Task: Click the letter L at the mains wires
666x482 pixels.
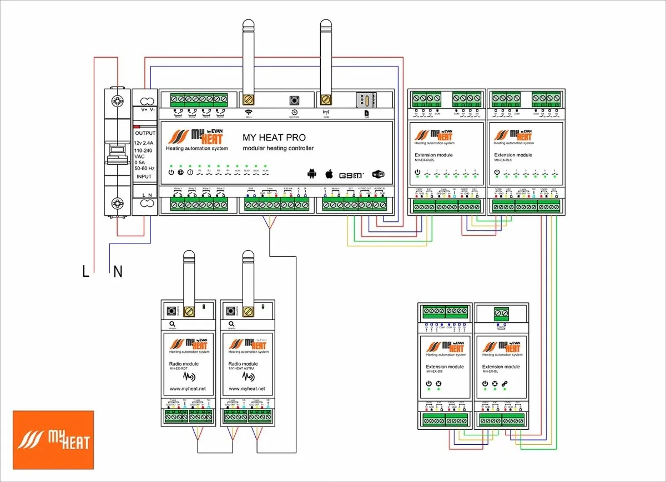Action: (85, 271)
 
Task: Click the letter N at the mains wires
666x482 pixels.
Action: (118, 271)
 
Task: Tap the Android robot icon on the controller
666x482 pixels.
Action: (311, 175)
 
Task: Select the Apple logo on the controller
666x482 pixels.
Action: (329, 174)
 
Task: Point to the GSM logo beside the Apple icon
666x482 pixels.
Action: (351, 175)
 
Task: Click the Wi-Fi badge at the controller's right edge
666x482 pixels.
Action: (379, 175)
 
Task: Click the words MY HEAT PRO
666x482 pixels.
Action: (274, 138)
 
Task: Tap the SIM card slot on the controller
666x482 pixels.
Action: (366, 100)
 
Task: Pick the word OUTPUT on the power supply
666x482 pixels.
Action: (145, 133)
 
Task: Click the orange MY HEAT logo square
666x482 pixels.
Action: (53, 440)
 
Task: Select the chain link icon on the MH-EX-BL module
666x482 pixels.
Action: (504, 384)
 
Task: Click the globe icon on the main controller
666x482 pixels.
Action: (180, 172)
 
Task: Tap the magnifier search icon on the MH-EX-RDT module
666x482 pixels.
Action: (172, 323)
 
